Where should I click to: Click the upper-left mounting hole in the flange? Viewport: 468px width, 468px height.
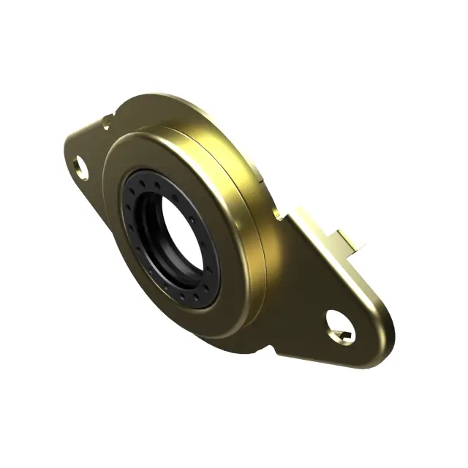(82, 168)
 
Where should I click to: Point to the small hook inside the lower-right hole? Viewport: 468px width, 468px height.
(344, 336)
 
